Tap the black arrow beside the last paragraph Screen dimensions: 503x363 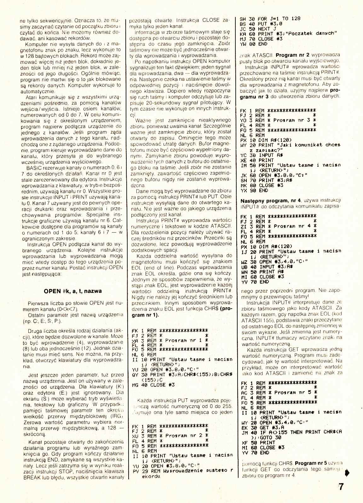pos(348,473)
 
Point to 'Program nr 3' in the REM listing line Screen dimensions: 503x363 pos(291,120)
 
